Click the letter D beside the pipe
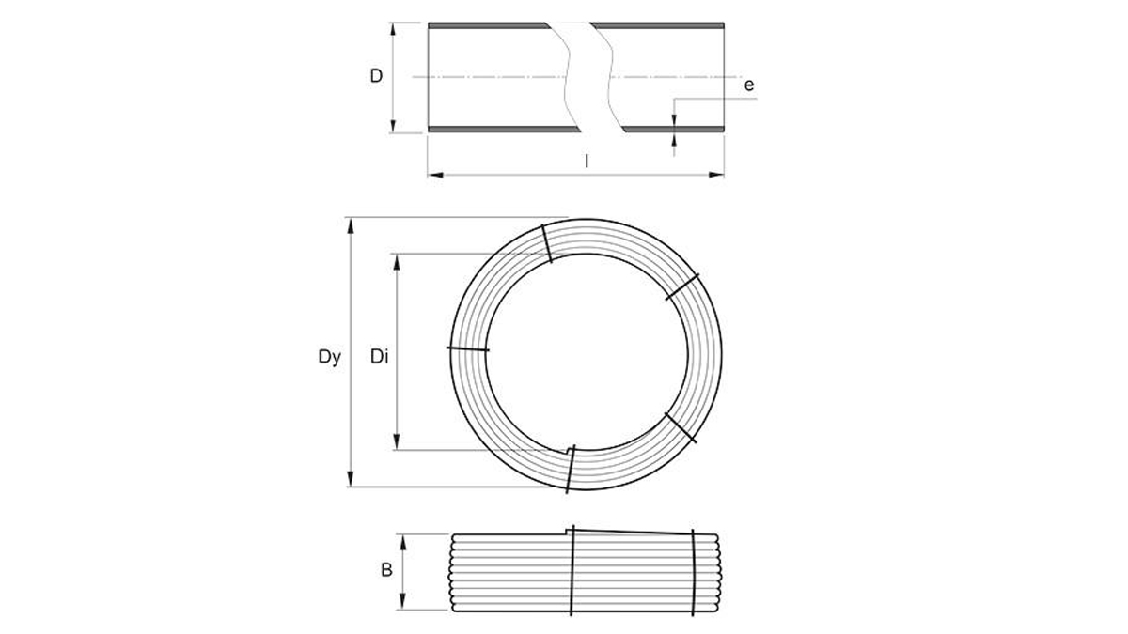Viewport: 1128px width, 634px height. tap(376, 76)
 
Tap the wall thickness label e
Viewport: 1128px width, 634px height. tap(749, 85)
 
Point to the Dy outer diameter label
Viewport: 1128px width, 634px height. tap(329, 357)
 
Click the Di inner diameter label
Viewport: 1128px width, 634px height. tap(379, 357)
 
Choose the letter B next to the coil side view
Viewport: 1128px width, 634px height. tap(386, 571)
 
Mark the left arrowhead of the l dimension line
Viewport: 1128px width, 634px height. tap(433, 174)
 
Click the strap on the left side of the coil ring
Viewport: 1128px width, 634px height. tap(468, 349)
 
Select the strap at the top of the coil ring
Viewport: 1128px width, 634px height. tap(545, 243)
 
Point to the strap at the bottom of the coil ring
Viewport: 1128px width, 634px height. tap(570, 468)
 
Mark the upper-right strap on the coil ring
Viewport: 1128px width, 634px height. tap(683, 287)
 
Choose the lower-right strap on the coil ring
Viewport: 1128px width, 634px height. tap(681, 426)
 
